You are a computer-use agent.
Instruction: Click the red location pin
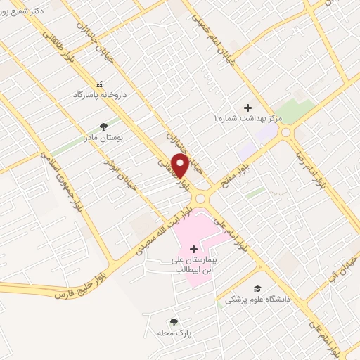180,165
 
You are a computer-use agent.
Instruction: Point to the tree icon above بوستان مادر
104,127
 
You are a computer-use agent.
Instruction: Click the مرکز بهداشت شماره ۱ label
247,119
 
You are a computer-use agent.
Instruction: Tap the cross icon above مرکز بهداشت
247,108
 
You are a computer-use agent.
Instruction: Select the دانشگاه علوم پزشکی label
257,299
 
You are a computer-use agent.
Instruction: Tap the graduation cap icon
257,288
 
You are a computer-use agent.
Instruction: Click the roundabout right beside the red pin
200,198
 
